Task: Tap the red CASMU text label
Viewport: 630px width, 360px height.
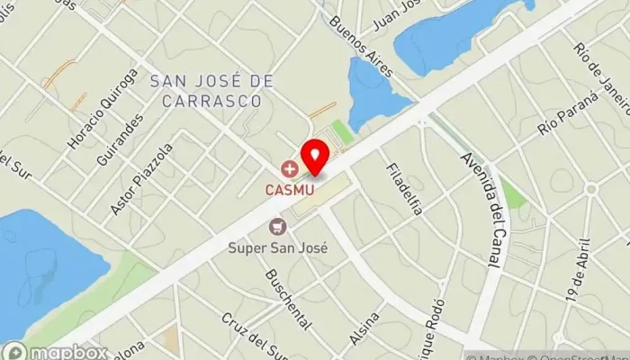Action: coord(289,189)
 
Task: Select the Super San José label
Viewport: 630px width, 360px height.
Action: coord(277,247)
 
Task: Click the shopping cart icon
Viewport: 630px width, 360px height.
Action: coord(277,226)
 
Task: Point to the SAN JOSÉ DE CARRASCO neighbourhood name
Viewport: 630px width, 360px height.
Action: coord(211,91)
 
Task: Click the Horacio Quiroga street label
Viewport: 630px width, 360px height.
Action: coord(103,109)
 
